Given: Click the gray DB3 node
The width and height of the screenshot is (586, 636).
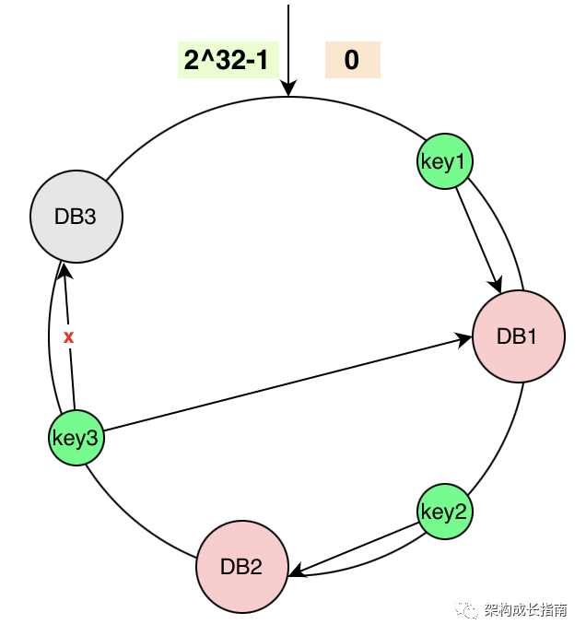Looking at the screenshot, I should point(76,218).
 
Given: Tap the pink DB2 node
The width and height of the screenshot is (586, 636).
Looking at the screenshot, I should point(241,566).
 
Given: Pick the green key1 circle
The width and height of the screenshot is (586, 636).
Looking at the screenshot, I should point(444,162).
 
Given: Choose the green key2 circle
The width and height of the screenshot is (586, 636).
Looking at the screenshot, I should point(444,512).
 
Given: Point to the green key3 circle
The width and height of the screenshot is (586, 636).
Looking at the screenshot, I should point(76,438).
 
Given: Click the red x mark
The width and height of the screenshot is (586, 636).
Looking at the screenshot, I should point(68,337).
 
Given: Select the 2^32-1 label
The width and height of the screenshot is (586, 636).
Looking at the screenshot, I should point(227,61).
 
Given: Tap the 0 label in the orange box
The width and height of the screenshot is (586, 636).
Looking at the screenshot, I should point(352,61).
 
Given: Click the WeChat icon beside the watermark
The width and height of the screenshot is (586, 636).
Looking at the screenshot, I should point(471,611).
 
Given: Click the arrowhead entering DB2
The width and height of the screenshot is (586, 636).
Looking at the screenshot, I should point(295,572).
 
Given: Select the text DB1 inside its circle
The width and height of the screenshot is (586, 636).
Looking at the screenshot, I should point(517,336).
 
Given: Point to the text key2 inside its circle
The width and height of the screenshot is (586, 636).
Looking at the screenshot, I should point(444,512).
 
